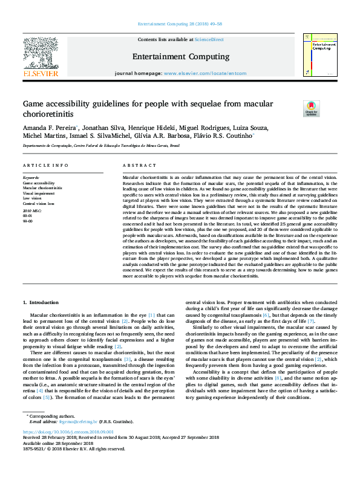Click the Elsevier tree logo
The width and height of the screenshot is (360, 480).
coord(40,55)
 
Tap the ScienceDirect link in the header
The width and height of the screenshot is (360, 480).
coord(209,39)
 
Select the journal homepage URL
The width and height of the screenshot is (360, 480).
coord(205,73)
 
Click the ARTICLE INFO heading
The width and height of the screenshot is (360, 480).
coord(45,165)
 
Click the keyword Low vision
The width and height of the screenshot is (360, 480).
coord(32,197)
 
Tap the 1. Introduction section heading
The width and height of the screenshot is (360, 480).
coord(42,302)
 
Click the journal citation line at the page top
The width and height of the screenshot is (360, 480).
coord(180,24)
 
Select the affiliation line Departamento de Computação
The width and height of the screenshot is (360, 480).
coord(101,146)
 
